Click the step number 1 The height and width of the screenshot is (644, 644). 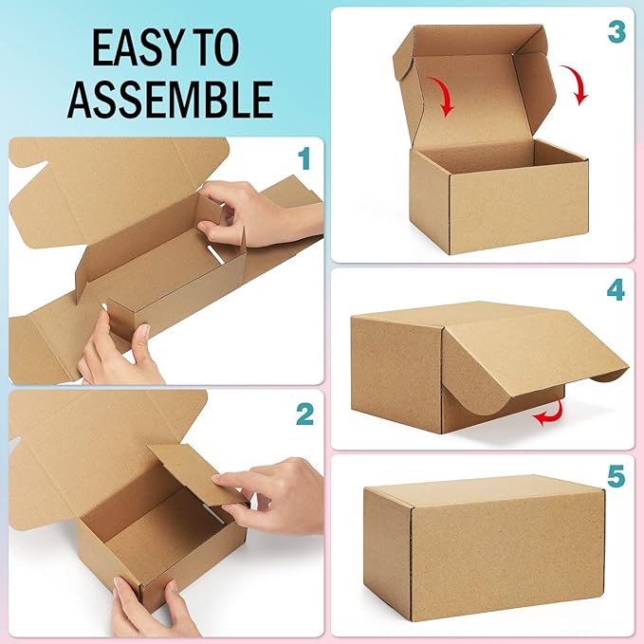(304, 158)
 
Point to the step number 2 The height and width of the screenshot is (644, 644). (304, 414)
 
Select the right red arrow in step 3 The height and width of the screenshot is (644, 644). (578, 85)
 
